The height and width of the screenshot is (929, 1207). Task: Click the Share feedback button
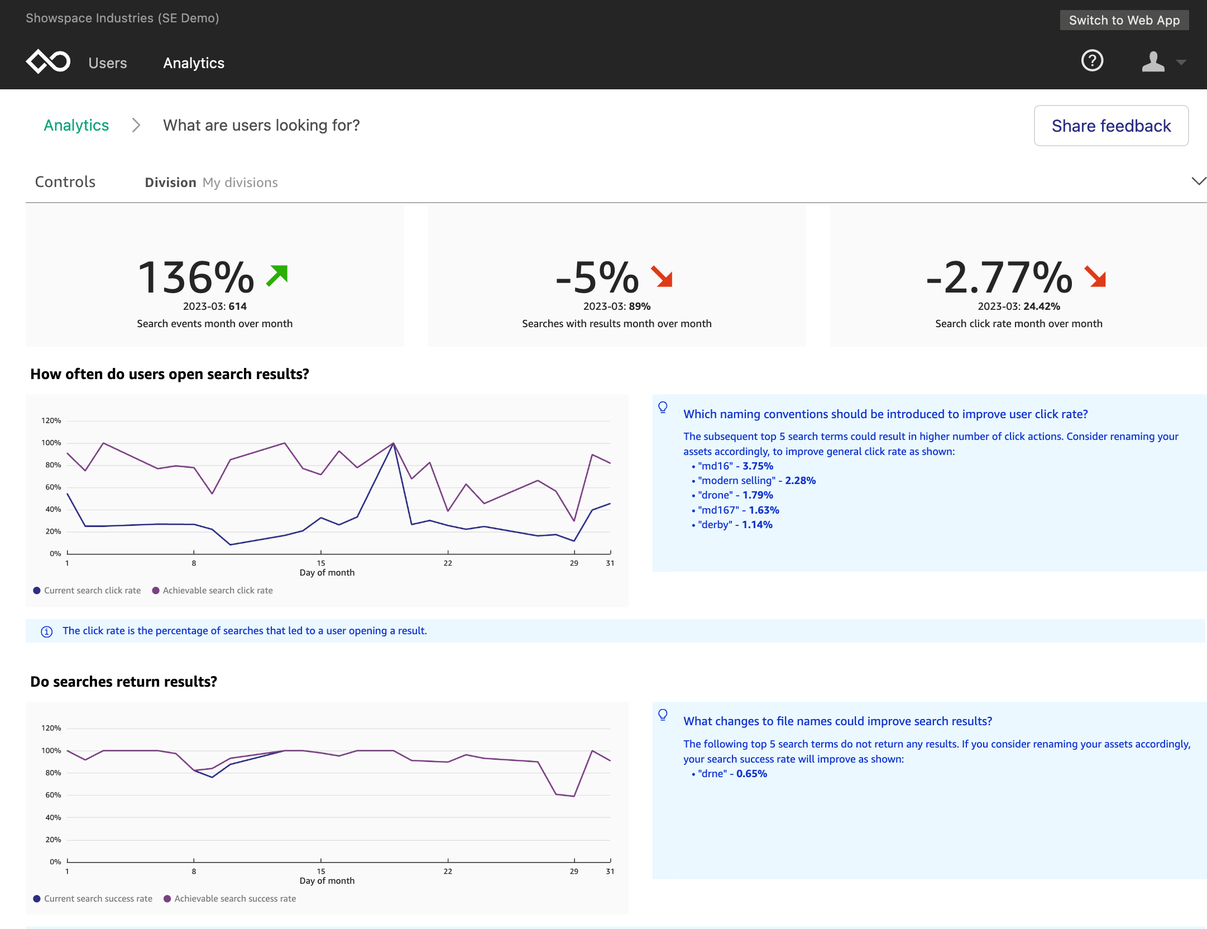tap(1110, 126)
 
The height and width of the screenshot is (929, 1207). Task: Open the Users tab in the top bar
tap(108, 63)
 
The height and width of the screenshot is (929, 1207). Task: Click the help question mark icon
tap(1092, 61)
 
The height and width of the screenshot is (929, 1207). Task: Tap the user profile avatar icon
tap(1153, 61)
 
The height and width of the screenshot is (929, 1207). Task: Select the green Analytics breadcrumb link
tap(76, 125)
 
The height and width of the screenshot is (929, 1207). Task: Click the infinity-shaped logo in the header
tap(48, 61)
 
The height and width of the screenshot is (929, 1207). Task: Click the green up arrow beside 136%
tap(277, 275)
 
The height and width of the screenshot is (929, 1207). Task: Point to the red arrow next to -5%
tap(662, 276)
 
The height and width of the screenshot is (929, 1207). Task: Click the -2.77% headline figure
tap(999, 277)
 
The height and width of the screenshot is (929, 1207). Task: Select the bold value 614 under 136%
tap(237, 307)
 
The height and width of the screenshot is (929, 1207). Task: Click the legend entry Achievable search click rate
tap(217, 591)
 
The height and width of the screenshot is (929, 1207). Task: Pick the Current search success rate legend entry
tap(98, 899)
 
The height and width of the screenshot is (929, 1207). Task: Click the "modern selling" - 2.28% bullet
tap(756, 481)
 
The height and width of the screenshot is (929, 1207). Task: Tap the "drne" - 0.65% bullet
tap(732, 774)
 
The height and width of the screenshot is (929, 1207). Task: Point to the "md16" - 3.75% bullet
tap(735, 466)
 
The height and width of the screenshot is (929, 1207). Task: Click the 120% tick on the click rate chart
tap(51, 421)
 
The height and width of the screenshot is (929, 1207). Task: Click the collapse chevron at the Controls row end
tap(1198, 181)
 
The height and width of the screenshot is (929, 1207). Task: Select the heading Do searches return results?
tap(123, 682)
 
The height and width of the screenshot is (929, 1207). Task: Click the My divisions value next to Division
tap(240, 183)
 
